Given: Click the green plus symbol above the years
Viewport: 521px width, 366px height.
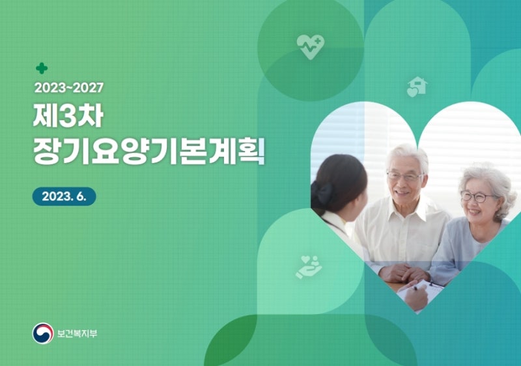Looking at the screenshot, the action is pos(42,68).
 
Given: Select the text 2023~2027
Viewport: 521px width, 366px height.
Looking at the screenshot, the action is pos(69,88).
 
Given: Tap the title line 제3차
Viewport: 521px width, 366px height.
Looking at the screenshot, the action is pos(68,116).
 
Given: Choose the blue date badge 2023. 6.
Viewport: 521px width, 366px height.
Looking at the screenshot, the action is pos(64,196).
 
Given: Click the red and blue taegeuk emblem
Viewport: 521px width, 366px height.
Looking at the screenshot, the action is pos(43,333).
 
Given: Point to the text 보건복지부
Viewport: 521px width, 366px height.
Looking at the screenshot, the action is pos(77,333).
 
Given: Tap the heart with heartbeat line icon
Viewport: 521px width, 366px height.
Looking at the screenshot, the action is pos(311,47).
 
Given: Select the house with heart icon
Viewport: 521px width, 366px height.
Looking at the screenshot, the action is pos(417,86).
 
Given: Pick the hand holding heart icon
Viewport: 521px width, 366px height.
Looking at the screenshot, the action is pos(309,267).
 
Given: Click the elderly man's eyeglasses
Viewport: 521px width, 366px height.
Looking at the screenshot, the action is pos(404,176).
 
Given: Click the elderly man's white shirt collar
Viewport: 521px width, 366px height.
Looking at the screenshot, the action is pos(405,207).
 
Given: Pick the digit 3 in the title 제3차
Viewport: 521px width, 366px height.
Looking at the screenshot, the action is pos(68,116).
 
